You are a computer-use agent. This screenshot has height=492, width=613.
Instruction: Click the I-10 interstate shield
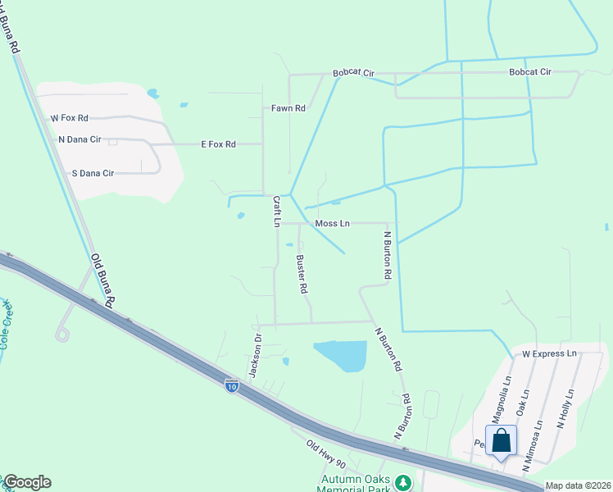pyautogui.click(x=232, y=385)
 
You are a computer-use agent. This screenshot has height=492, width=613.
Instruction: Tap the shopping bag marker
pyautogui.click(x=501, y=440)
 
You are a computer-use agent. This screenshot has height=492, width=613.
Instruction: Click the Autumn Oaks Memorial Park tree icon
pyautogui.click(x=402, y=483)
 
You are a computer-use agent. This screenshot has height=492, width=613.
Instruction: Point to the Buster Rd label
pyautogui.click(x=301, y=274)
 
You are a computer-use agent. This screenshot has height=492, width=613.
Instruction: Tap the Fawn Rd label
pyautogui.click(x=288, y=108)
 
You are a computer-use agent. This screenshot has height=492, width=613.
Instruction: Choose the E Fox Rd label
pyautogui.click(x=218, y=144)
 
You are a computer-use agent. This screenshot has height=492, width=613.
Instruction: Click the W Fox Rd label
pyautogui.click(x=69, y=118)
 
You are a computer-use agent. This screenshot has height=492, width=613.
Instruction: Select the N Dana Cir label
pyautogui.click(x=79, y=139)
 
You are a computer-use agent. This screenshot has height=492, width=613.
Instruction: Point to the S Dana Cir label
pyautogui.click(x=93, y=173)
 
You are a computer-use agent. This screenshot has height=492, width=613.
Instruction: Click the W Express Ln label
pyautogui.click(x=549, y=353)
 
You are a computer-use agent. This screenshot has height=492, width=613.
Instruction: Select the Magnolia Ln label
pyautogui.click(x=506, y=396)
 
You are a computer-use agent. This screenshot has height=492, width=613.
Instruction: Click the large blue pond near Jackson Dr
pyautogui.click(x=340, y=356)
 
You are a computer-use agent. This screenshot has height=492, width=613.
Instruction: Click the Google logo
pyautogui.click(x=26, y=482)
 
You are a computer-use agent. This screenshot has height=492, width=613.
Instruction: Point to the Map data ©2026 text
pyautogui.click(x=578, y=485)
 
